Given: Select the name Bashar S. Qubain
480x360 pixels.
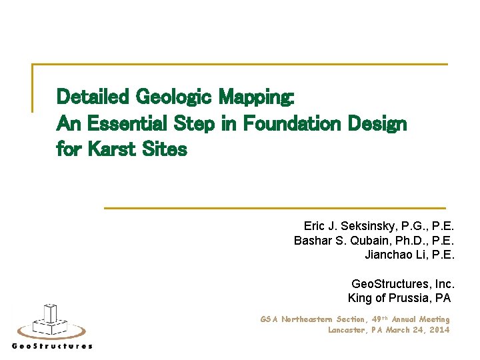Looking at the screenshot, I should pos(337,240).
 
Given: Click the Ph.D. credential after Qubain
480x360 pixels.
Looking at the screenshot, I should pos(404,240).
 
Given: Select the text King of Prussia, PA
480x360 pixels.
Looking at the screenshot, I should pos(399,298).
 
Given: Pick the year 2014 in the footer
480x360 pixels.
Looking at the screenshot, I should pos(440,329).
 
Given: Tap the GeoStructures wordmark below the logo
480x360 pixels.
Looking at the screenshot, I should pos(52,346).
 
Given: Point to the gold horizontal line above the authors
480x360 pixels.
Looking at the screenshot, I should pos(275,208).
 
